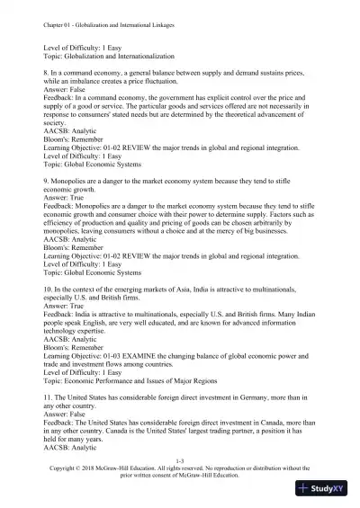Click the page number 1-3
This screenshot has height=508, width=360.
coord(180,459)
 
